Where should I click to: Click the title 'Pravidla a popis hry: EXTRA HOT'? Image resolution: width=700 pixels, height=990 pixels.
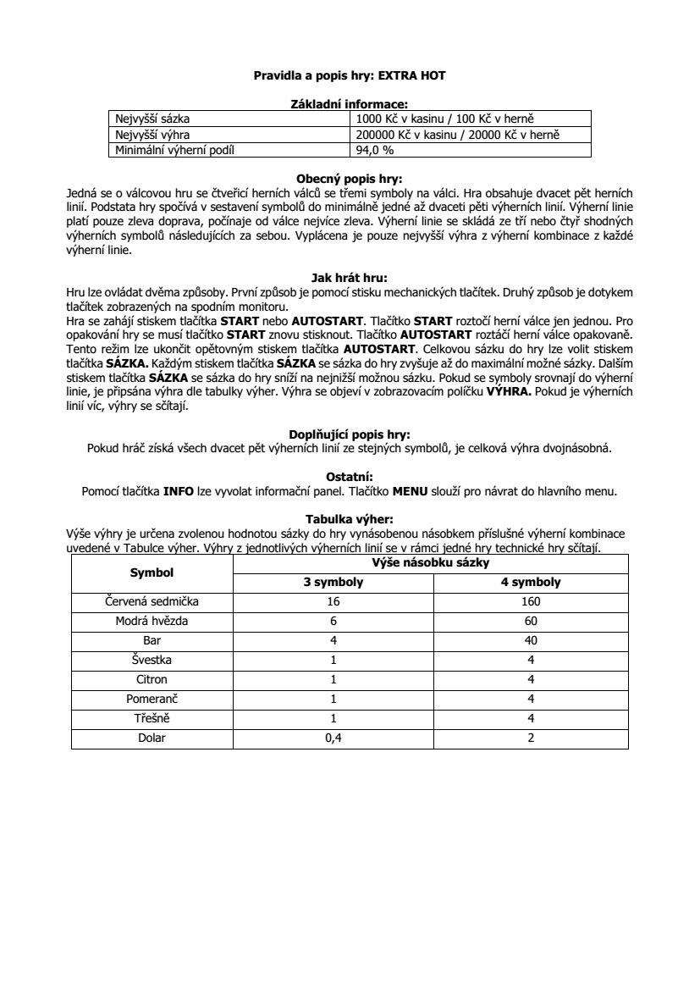click(350, 75)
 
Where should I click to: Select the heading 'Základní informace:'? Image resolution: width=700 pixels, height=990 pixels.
click(350, 103)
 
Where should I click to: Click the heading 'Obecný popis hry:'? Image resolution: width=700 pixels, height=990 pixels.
click(350, 179)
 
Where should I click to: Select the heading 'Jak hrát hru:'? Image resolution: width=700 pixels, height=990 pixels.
click(350, 276)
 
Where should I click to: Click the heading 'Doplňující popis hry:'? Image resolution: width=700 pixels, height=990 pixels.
click(350, 434)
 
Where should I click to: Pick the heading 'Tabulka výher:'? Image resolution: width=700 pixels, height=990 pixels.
click(350, 519)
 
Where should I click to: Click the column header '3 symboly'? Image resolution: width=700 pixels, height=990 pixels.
click(333, 583)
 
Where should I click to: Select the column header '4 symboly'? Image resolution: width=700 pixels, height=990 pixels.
click(530, 583)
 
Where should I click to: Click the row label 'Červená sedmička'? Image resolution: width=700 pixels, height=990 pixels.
click(152, 601)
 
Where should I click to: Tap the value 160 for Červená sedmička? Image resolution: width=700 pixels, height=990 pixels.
click(530, 601)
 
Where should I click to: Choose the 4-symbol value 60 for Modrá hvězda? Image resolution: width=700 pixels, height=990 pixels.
click(530, 621)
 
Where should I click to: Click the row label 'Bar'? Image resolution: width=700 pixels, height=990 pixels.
click(152, 640)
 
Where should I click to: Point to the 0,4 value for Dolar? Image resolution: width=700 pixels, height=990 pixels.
click(333, 738)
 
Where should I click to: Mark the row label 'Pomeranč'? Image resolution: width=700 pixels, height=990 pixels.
click(152, 699)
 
